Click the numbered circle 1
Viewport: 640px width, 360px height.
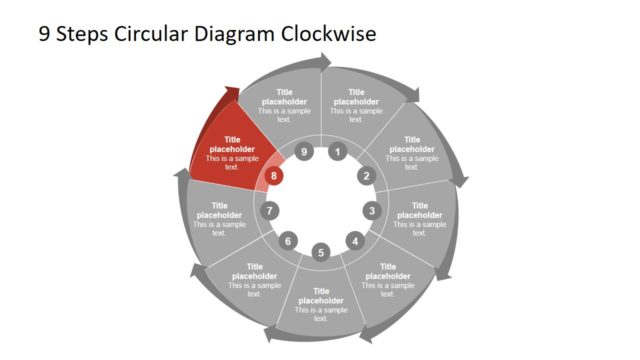[x=337, y=153]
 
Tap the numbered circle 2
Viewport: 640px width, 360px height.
[x=366, y=176]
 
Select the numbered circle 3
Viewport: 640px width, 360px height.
[x=372, y=211]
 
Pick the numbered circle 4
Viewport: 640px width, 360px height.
[x=354, y=241]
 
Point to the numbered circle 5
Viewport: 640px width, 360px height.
[x=321, y=252]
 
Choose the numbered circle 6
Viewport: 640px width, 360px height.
[x=288, y=241]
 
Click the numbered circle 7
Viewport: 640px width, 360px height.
[x=269, y=211]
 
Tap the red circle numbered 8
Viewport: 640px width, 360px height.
[x=275, y=176]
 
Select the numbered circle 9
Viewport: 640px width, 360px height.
[x=305, y=152]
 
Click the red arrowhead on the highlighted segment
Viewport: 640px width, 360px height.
[x=232, y=96]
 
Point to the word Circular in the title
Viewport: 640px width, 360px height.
[x=150, y=33]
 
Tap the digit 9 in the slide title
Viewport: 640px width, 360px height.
[x=44, y=33]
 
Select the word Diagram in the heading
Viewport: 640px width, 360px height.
[x=234, y=33]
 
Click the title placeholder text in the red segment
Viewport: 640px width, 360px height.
[x=232, y=145]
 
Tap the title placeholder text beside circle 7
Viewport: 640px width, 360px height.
[x=219, y=210]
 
